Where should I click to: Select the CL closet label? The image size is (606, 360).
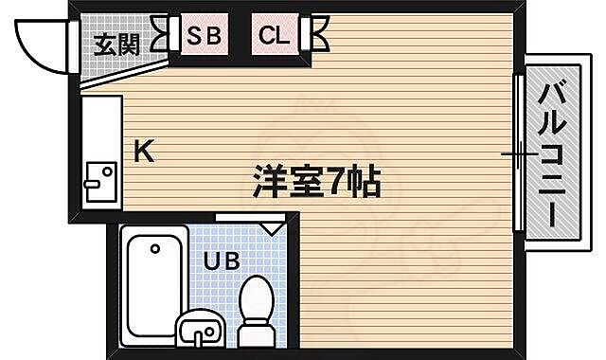276,38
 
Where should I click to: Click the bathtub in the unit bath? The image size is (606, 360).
153,285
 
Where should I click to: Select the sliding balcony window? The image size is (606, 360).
519,153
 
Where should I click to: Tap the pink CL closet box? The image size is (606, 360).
276,38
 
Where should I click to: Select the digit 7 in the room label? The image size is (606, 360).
339,180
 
